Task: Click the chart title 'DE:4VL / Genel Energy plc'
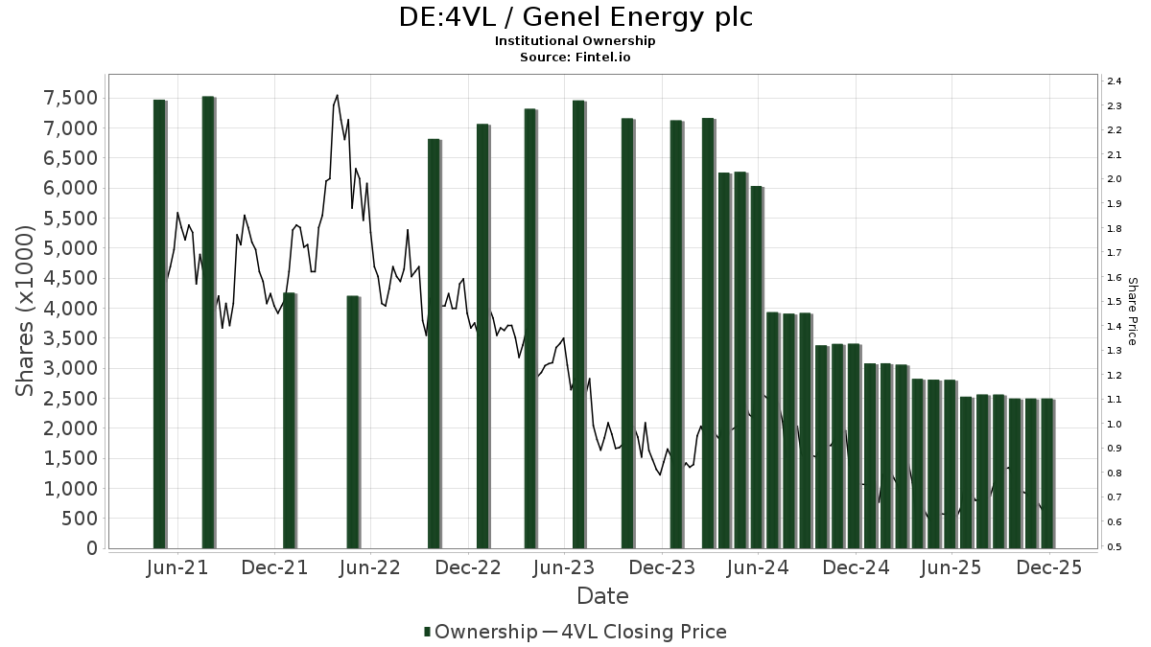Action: pyautogui.click(x=575, y=17)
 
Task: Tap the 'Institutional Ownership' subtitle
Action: pyautogui.click(x=575, y=41)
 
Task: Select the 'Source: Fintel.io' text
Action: pyautogui.click(x=575, y=57)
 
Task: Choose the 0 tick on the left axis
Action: pyautogui.click(x=91, y=548)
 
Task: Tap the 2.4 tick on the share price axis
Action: pyautogui.click(x=1114, y=81)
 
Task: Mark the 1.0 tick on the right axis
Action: pyautogui.click(x=1114, y=424)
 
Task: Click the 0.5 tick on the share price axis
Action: pyautogui.click(x=1114, y=546)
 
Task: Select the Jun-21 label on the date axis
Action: pyautogui.click(x=177, y=567)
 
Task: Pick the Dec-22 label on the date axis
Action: pyautogui.click(x=469, y=567)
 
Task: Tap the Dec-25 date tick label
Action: pyautogui.click(x=1050, y=567)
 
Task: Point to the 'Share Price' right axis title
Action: pyautogui.click(x=1132, y=312)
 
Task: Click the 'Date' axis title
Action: pyautogui.click(x=602, y=596)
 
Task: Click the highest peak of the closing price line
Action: pyautogui.click(x=337, y=95)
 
